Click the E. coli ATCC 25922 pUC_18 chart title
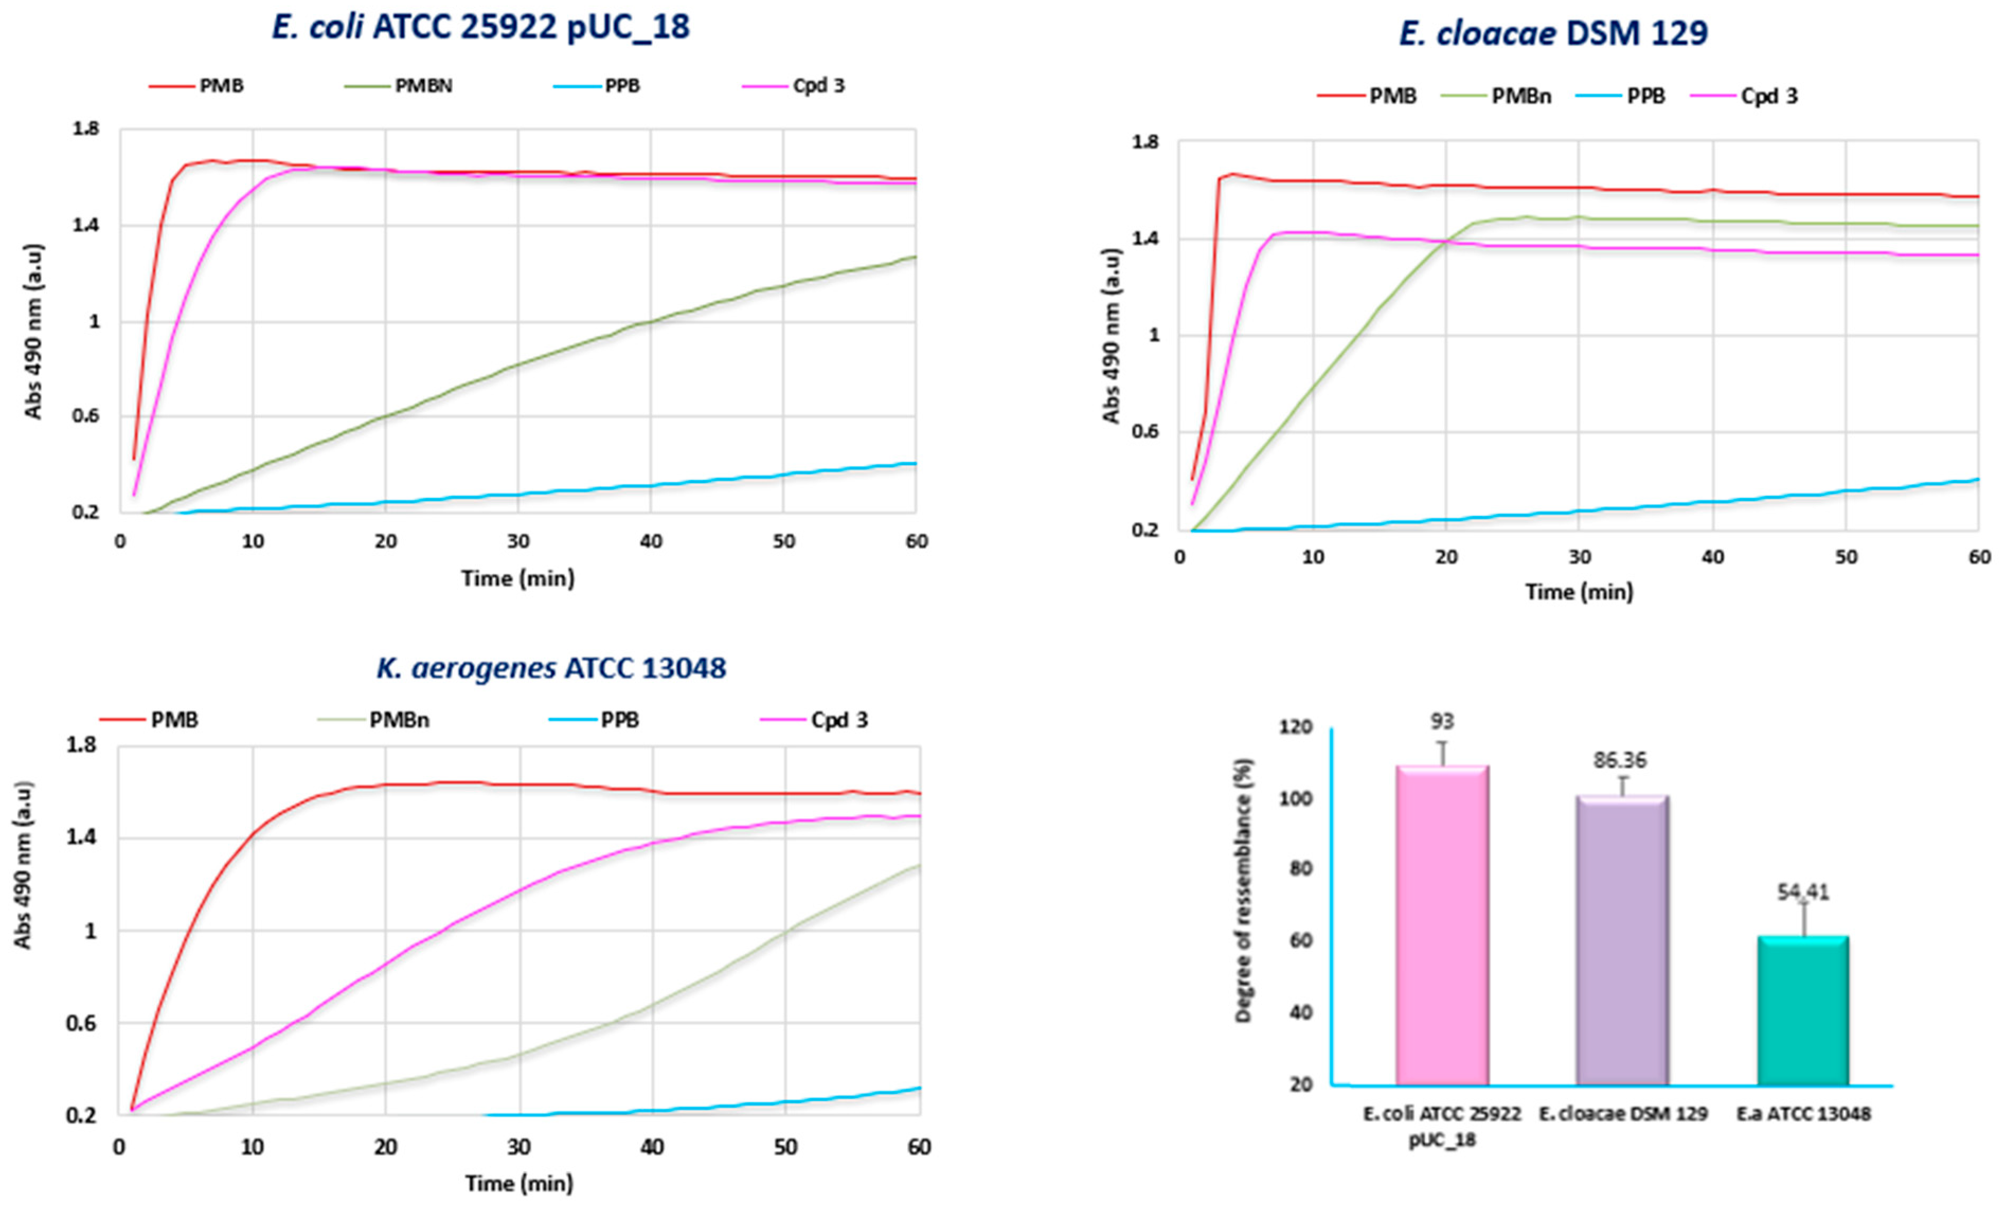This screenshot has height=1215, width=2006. [480, 28]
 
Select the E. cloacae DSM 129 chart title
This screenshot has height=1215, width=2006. [1553, 33]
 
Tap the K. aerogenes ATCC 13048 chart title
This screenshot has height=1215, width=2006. [551, 668]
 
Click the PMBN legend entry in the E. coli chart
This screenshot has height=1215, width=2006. [423, 85]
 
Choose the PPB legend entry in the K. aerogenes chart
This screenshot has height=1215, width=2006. [620, 719]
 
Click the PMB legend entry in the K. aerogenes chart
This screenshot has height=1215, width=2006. [173, 719]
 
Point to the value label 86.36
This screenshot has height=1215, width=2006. [1620, 760]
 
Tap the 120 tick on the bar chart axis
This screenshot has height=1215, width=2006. [1297, 727]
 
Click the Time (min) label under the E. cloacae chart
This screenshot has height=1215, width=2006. [1579, 592]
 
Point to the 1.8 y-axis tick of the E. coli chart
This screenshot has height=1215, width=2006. [85, 129]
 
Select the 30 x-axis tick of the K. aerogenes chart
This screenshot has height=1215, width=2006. [518, 1147]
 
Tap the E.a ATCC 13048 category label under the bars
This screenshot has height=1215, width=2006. [1803, 1113]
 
